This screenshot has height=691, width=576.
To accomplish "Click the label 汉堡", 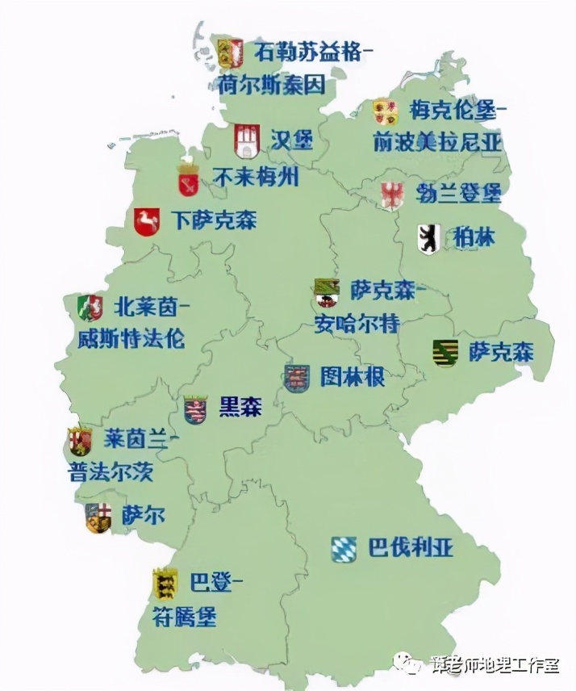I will [x=291, y=140].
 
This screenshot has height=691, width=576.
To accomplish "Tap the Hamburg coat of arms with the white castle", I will [x=245, y=141].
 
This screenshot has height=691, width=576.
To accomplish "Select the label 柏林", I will [x=469, y=237].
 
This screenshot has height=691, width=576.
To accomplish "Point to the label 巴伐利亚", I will [x=411, y=548].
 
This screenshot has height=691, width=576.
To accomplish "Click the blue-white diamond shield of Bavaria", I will [x=344, y=550].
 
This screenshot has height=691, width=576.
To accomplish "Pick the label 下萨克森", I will [x=214, y=220].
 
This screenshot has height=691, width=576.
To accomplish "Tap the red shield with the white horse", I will [x=146, y=221].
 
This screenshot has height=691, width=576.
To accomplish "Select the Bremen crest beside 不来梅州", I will [x=189, y=179].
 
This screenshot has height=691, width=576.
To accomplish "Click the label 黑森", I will [x=240, y=407].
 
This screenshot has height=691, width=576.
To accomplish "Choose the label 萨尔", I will [x=143, y=515].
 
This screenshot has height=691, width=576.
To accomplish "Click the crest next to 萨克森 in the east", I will [x=445, y=353].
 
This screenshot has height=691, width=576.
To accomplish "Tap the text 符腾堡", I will [x=185, y=618].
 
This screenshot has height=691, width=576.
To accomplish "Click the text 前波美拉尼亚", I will [x=436, y=143].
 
